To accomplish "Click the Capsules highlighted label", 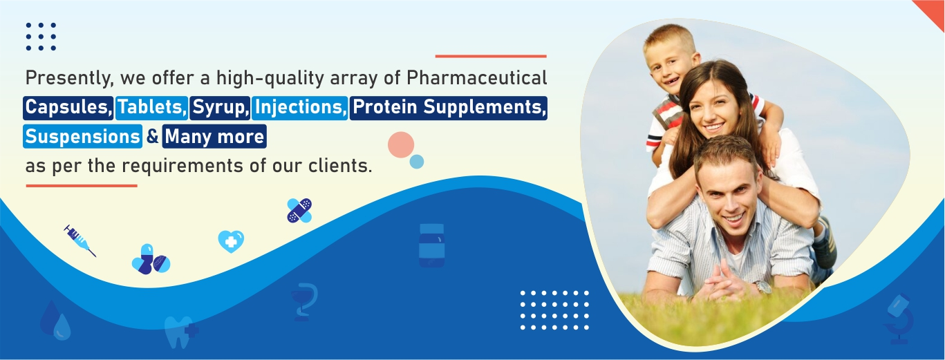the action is (x=68, y=108).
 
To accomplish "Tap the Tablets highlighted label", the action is (x=152, y=108).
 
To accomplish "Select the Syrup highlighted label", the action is (x=220, y=108).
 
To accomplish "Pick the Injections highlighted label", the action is (x=300, y=108).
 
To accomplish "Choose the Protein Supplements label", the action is (x=449, y=108).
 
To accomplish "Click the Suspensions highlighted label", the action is (x=82, y=136).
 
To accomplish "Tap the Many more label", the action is (x=214, y=136).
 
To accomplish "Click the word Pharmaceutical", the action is (x=477, y=78).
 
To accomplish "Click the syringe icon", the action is (x=80, y=240).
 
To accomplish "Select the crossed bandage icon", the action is (x=299, y=210).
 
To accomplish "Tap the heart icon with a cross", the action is (x=231, y=242).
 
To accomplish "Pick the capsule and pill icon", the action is (x=151, y=260).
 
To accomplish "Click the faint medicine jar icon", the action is (x=431, y=245).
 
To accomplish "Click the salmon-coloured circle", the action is (x=401, y=145).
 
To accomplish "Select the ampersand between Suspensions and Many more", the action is (x=152, y=136).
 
